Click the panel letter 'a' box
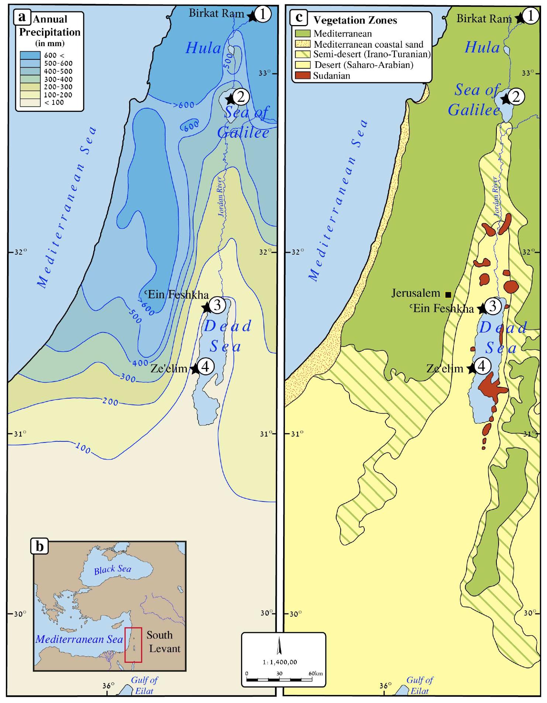pos(23,17)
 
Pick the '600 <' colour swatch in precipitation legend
pos(30,55)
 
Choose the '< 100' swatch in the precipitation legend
pos(30,103)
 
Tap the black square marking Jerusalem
pos(448,294)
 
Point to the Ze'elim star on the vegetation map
pos(471,369)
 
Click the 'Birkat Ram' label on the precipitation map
pos(217,13)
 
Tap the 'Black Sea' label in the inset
pos(113,569)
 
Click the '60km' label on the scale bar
pos(316,673)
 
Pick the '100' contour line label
pos(83,448)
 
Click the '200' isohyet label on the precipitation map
pos(110,401)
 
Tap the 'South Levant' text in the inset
pos(164,642)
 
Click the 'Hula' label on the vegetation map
pos(482,47)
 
